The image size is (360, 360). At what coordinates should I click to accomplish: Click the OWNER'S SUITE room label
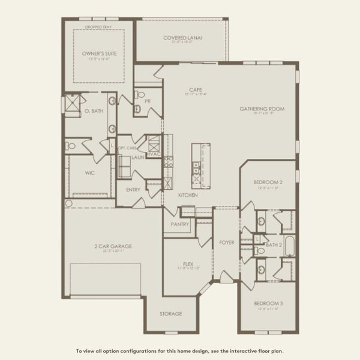click(x=99, y=53)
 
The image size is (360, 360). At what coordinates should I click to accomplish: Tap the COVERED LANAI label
click(x=182, y=38)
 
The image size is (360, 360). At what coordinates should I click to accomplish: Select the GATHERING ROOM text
click(x=262, y=109)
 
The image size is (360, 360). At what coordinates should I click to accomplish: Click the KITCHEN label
click(x=188, y=195)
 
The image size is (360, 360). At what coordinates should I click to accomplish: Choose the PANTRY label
click(x=179, y=224)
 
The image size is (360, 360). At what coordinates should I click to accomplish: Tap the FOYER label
click(x=226, y=243)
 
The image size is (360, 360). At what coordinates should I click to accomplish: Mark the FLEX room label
click(x=188, y=264)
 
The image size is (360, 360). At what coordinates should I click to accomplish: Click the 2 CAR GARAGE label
click(x=113, y=246)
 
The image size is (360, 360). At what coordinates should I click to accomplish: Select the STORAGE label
click(x=171, y=314)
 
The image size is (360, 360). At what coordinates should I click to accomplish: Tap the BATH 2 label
click(x=274, y=245)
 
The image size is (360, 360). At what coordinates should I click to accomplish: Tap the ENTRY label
click(x=133, y=190)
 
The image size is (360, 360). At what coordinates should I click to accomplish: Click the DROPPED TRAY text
click(x=98, y=28)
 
